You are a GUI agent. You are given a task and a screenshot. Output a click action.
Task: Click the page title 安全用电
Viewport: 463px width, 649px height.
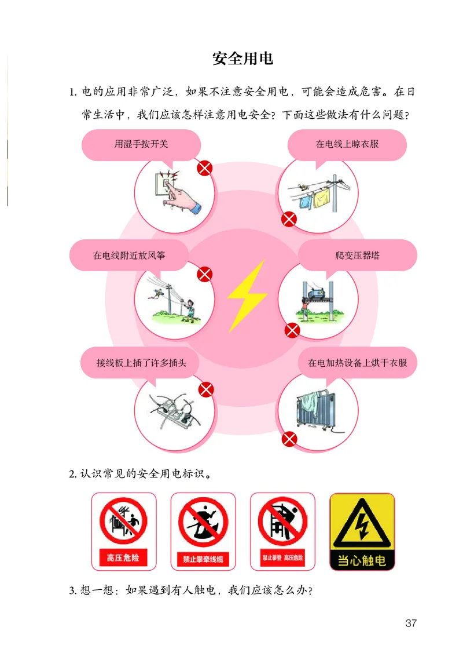tap(242, 59)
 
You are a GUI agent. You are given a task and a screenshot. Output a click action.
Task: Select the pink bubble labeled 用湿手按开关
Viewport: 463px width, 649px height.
tap(141, 144)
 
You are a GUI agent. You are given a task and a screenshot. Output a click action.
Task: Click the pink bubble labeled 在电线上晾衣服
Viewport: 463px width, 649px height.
tap(347, 144)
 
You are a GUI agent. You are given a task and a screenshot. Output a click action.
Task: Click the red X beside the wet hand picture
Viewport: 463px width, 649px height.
tap(205, 169)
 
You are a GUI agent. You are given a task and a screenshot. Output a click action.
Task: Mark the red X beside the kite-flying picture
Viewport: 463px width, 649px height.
tap(205, 275)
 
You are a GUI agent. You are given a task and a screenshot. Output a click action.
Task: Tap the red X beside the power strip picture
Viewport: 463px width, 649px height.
tap(206, 390)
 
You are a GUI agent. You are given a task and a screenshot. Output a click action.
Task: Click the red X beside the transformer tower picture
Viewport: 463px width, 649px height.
tap(293, 331)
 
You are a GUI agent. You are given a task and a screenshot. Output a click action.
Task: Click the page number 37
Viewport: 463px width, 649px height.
tap(411, 624)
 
